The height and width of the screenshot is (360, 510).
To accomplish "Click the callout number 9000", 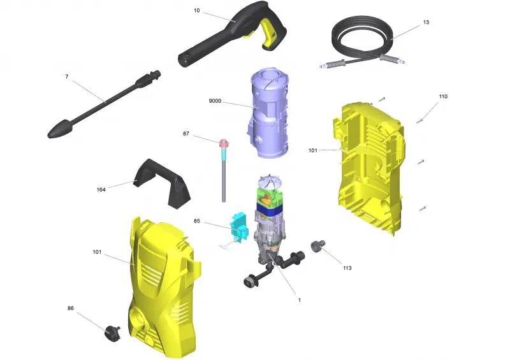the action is [x=215, y=101].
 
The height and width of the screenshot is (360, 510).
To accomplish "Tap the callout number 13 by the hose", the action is [x=426, y=22].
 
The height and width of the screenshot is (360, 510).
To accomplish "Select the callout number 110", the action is [x=443, y=97].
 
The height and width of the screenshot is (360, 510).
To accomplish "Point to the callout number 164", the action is [x=101, y=190].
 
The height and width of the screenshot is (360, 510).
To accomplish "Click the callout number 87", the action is [x=186, y=134].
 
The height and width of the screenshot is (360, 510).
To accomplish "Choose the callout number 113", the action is [x=347, y=268].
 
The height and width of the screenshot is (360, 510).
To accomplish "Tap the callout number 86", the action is [x=71, y=308].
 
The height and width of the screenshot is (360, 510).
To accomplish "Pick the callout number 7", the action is [x=67, y=76].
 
